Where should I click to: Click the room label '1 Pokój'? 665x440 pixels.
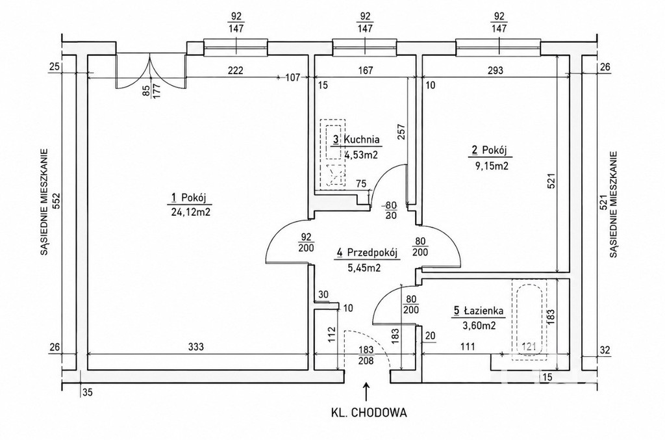[x=188, y=198]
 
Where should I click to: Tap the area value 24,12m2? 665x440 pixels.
[x=190, y=212]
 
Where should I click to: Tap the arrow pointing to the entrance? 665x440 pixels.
[x=366, y=391]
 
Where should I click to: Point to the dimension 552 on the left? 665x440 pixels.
[x=57, y=201]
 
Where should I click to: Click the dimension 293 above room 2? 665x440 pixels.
[x=495, y=70]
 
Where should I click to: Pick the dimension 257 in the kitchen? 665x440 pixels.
[x=402, y=132]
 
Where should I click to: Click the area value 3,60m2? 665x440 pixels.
[x=479, y=326]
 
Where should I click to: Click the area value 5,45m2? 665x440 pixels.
[x=363, y=268]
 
